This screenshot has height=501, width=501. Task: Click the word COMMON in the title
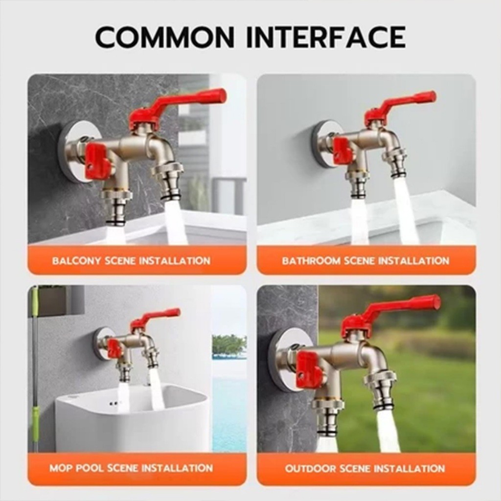click(165, 37)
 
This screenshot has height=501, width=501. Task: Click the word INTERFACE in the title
click(326, 37)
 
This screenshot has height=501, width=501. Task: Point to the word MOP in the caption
click(59, 468)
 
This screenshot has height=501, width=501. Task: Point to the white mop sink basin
click(133, 419)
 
